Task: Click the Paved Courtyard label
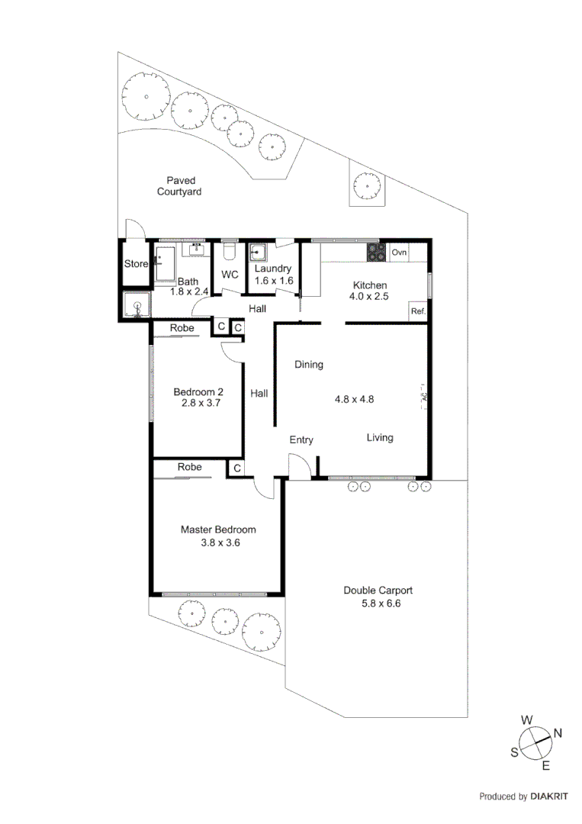tap(179, 186)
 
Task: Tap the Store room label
tap(136, 264)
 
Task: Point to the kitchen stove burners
tap(375, 252)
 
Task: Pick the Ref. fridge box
tap(418, 311)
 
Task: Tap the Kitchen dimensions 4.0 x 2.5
tap(369, 297)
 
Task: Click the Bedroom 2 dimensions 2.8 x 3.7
tap(201, 404)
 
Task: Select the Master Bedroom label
tap(218, 529)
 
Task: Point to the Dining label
tap(309, 365)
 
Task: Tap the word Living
tap(380, 437)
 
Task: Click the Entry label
tap(301, 439)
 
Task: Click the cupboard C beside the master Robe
tap(236, 468)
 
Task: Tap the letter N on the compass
tap(558, 733)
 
